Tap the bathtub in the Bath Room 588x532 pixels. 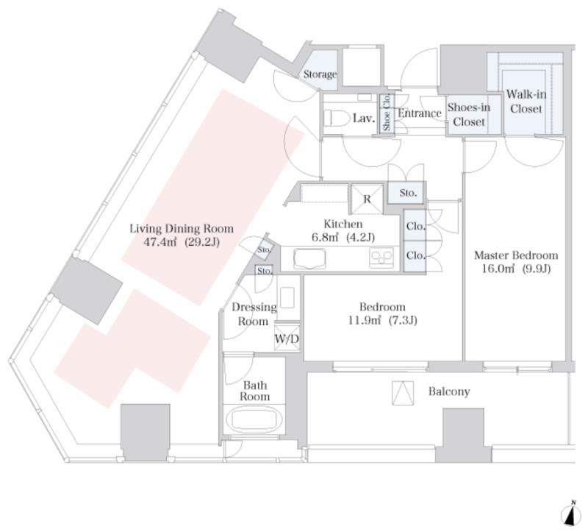(x=254, y=420)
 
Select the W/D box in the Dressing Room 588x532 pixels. (x=287, y=338)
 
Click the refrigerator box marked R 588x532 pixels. (x=367, y=199)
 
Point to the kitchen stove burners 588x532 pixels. (x=381, y=258)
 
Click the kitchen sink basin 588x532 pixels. (x=309, y=258)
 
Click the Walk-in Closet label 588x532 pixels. (x=526, y=102)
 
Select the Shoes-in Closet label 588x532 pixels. (x=469, y=115)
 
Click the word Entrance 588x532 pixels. (x=420, y=113)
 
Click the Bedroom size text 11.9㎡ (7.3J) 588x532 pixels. (x=382, y=320)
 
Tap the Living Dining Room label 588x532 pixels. (x=182, y=228)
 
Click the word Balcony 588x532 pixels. (x=449, y=391)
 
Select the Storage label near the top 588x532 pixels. (x=320, y=74)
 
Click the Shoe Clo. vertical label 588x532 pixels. (x=387, y=113)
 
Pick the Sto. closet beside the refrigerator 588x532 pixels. (x=408, y=193)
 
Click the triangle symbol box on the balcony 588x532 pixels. (x=403, y=393)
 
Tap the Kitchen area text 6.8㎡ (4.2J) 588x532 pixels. (x=343, y=237)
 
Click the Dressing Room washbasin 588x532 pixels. (x=287, y=298)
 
